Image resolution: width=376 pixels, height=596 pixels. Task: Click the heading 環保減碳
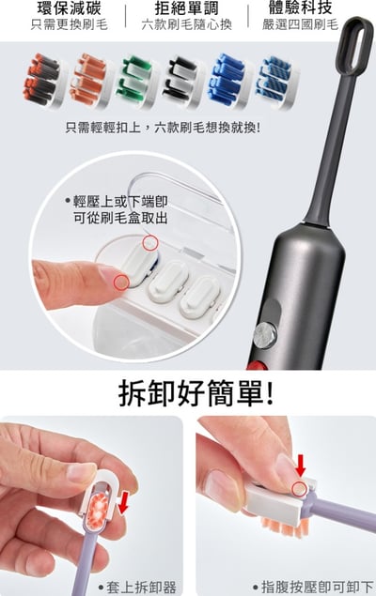click(x=69, y=8)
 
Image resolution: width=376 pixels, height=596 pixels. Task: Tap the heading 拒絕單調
click(x=187, y=8)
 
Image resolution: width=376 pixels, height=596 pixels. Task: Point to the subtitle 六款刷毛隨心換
click(x=187, y=26)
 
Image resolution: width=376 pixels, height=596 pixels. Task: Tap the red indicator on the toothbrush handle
click(x=256, y=363)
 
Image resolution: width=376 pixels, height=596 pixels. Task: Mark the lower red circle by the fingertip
click(x=119, y=281)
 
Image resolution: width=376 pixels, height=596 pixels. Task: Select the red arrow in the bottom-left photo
click(x=122, y=501)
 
